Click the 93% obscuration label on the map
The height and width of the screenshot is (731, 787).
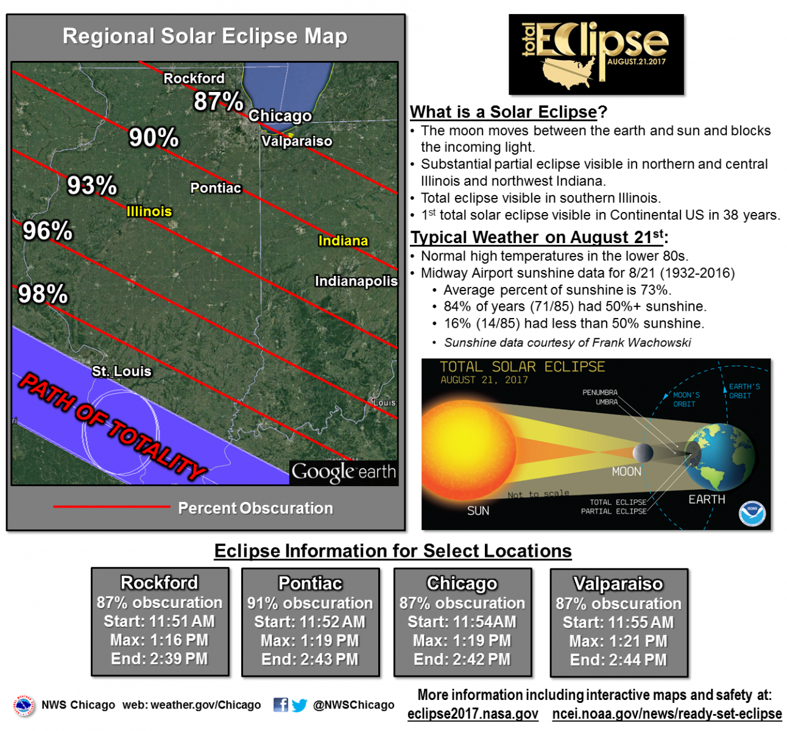tap(92, 186)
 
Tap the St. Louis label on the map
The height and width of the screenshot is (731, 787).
tap(122, 372)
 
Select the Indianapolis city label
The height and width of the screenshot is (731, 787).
tap(356, 281)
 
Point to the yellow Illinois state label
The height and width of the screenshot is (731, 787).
tap(149, 211)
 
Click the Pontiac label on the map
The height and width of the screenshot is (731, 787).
tap(216, 188)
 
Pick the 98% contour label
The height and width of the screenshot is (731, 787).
tap(43, 294)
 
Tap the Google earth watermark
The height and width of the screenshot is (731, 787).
tap(344, 473)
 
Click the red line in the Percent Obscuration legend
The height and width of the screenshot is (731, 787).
tap(111, 507)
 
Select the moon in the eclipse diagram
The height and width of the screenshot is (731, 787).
tap(643, 453)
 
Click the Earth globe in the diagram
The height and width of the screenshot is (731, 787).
tap(719, 458)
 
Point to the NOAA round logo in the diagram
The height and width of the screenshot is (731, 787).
tap(752, 514)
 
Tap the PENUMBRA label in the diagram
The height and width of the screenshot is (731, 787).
tap(599, 392)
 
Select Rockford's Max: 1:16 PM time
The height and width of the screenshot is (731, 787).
tap(160, 640)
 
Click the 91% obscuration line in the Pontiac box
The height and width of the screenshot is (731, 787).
tap(310, 603)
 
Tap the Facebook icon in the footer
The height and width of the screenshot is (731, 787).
tap(281, 704)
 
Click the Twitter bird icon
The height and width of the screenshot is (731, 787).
tap(300, 705)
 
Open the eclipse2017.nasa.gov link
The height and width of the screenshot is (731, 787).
tap(473, 714)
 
